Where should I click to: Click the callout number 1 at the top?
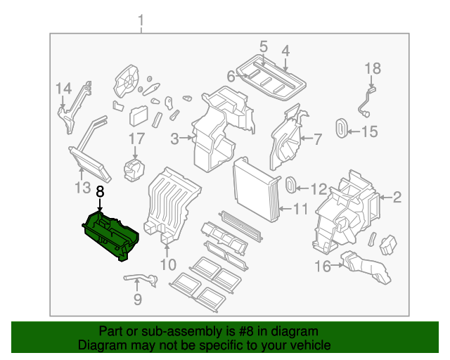pyautogui.click(x=141, y=20)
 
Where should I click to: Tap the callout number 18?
pyautogui.click(x=372, y=68)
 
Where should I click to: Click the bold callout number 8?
pyautogui.click(x=100, y=191)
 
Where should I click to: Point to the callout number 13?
pyautogui.click(x=82, y=188)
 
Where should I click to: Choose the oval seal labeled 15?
pyautogui.click(x=342, y=129)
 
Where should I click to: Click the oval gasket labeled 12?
pyautogui.click(x=289, y=186)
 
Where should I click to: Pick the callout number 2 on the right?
pyautogui.click(x=397, y=198)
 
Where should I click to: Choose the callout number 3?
pyautogui.click(x=175, y=139)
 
